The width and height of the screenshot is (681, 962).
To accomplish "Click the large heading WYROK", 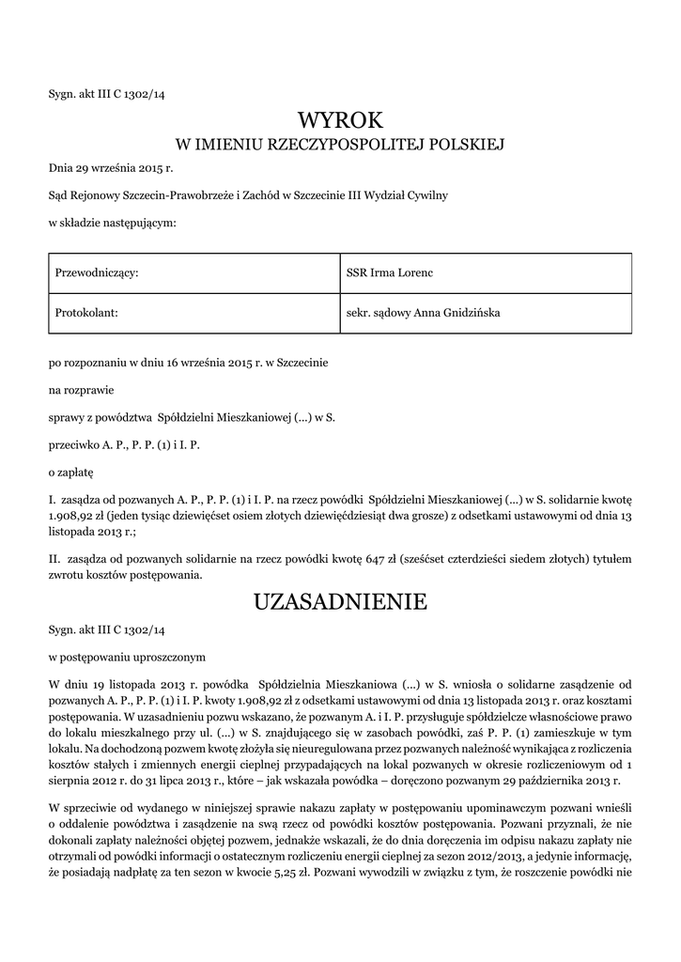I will click(340, 120).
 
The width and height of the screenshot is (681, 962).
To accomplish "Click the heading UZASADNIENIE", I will click(340, 601).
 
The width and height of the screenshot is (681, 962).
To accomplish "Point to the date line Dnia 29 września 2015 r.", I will click(112, 169).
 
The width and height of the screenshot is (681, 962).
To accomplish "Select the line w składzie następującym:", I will click(112, 223).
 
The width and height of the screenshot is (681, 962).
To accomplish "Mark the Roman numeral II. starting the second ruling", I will click(54, 559).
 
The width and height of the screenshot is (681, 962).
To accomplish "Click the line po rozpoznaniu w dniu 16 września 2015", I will click(189, 361).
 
